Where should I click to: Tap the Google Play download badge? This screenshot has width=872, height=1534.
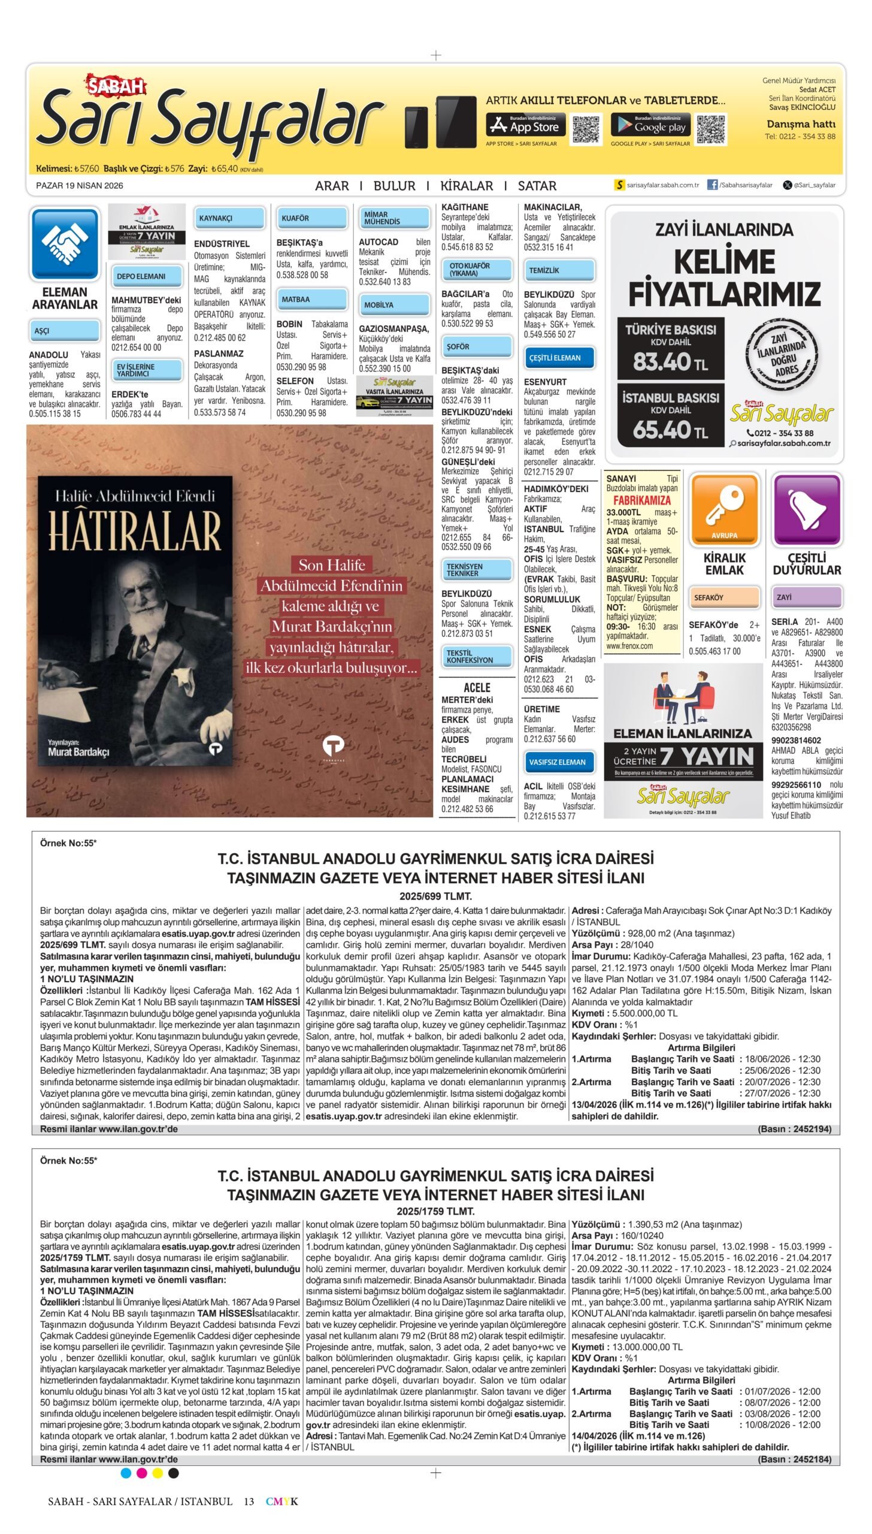coord(650,125)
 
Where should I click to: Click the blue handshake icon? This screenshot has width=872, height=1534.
coord(65,243)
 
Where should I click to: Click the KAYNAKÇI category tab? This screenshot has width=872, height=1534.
coord(229,218)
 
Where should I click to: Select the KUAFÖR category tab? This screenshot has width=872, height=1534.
coord(311,218)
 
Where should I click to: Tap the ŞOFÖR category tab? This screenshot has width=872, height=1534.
coord(476,346)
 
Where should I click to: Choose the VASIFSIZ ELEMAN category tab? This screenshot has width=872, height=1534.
coord(559,762)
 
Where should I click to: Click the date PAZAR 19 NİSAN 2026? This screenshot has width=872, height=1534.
coord(80,186)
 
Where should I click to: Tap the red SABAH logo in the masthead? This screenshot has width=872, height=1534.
coord(116,87)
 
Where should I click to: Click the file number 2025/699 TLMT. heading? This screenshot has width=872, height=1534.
coord(435,896)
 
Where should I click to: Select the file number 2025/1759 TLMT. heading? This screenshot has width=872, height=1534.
coord(435,1211)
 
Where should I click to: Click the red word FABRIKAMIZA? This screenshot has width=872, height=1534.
coord(641,500)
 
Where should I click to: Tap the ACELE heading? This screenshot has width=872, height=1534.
coord(477,687)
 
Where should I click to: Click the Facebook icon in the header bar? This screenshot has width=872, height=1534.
coord(712,185)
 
